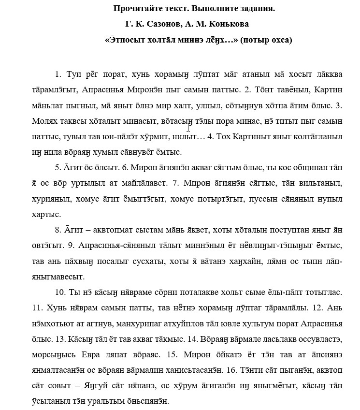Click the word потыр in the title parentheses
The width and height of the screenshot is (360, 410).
(258, 40)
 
